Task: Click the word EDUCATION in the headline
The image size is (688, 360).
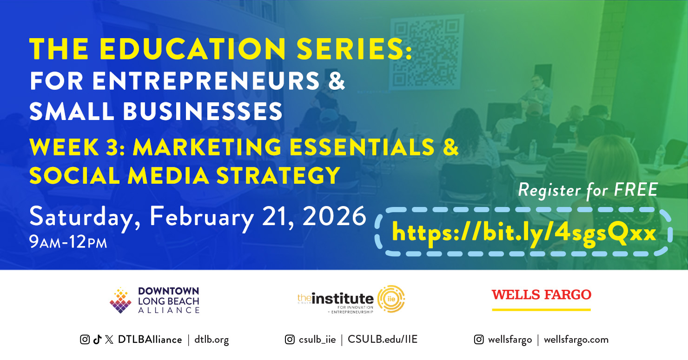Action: coord(193,49)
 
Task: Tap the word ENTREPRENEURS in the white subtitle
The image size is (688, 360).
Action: coord(206,81)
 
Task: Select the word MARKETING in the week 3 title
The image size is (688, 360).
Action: coord(207,147)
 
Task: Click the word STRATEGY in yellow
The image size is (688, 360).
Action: coord(278,175)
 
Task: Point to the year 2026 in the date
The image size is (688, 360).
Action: coord(335,216)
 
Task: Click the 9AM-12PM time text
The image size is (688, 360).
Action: coord(68,242)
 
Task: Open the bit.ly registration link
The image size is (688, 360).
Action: coord(524,233)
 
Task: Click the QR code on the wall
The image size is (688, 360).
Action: coord(427,53)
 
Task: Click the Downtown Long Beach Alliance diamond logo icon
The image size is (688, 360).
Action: coord(121,300)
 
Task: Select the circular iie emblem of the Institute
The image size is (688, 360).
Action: coord(391,299)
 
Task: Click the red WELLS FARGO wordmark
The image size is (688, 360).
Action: coord(542,295)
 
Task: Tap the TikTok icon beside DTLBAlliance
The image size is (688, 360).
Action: coord(97,340)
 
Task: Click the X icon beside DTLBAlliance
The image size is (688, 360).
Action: coord(109,340)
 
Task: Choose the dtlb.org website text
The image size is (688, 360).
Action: coord(212,340)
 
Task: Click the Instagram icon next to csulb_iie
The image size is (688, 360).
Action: coord(290,340)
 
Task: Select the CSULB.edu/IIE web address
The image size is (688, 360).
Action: coord(383,339)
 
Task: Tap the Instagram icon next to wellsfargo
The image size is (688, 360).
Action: coord(479,340)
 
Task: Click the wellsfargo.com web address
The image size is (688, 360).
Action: coord(576,340)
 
